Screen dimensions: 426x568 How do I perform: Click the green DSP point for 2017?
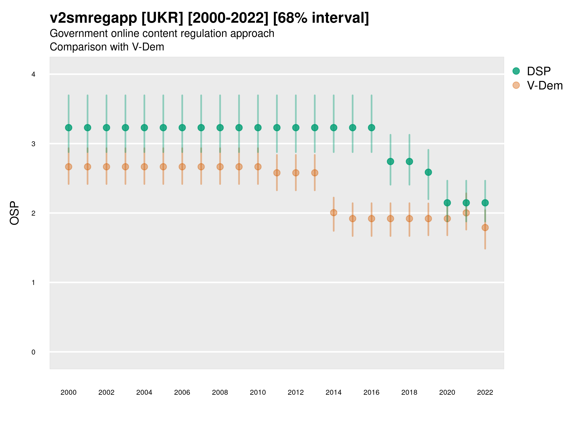[390, 161]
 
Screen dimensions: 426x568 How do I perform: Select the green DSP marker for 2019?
[428, 172]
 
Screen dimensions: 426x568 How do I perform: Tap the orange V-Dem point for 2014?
[333, 213]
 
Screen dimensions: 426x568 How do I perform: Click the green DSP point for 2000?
[69, 128]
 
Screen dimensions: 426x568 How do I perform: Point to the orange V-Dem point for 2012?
[296, 173]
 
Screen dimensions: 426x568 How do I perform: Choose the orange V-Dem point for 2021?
[466, 213]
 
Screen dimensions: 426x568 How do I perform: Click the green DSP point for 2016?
[372, 128]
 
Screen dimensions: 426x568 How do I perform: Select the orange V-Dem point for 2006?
[182, 167]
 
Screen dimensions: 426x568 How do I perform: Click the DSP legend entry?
[538, 71]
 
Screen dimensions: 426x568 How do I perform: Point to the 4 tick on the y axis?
[33, 75]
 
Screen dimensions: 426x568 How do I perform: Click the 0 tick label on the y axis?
[33, 352]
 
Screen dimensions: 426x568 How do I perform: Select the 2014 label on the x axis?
[333, 392]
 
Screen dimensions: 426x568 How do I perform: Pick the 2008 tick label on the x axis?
[220, 392]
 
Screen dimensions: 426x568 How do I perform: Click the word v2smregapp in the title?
[93, 18]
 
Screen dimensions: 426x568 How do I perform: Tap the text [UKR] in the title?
[163, 18]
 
